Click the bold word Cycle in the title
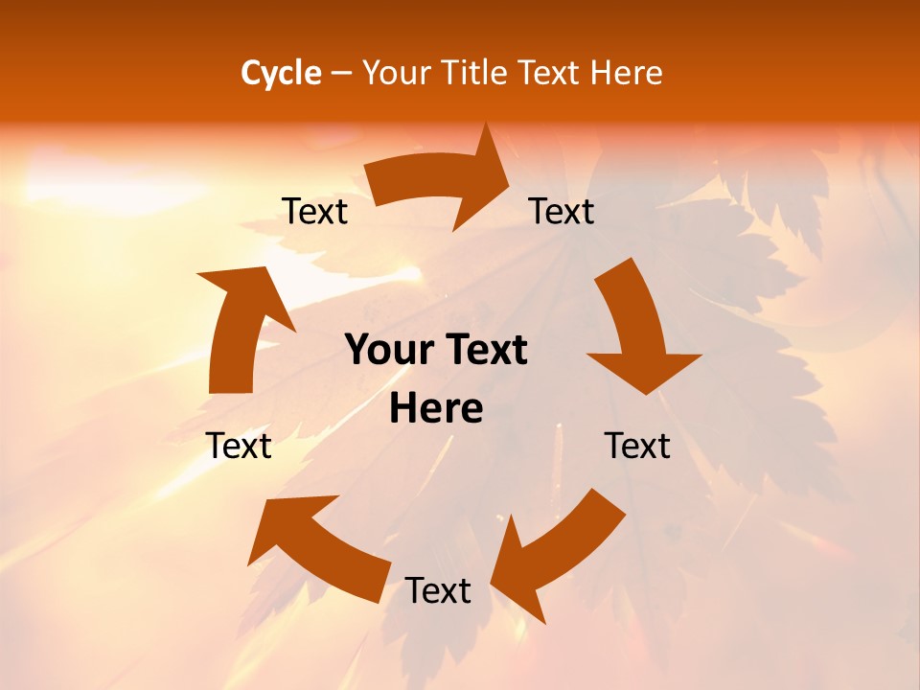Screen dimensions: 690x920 tap(281, 73)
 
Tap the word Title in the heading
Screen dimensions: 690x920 tap(478, 73)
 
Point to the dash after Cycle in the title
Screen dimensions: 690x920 tap(342, 73)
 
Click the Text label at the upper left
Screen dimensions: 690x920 tap(314, 211)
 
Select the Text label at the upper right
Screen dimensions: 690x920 tap(562, 211)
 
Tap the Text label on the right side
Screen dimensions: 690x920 tap(637, 446)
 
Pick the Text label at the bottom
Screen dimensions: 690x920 tap(438, 590)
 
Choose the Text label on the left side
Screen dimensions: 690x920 tap(239, 446)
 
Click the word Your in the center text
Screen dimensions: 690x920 tap(383, 351)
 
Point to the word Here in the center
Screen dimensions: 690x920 tap(436, 409)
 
